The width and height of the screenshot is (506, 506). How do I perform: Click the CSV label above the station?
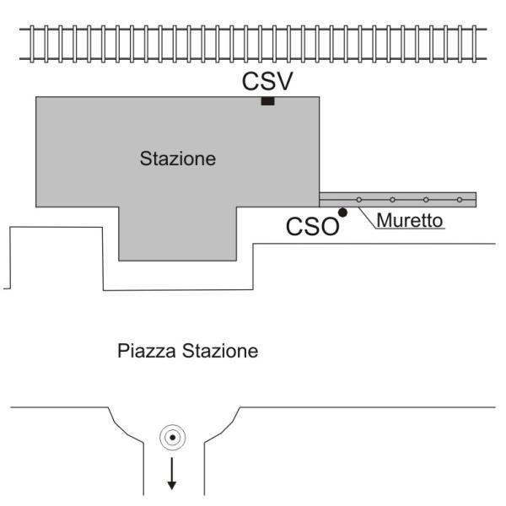(x=267, y=82)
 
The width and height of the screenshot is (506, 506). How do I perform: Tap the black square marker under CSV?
(x=267, y=101)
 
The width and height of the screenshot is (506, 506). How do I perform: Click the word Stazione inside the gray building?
(x=178, y=158)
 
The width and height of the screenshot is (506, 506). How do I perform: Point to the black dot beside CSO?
(x=342, y=212)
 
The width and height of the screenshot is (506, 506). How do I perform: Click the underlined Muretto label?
(x=409, y=222)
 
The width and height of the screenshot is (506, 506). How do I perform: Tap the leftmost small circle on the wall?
(x=358, y=200)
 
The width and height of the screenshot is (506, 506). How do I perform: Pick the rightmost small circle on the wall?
(x=459, y=200)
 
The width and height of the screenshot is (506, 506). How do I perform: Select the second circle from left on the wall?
(x=392, y=200)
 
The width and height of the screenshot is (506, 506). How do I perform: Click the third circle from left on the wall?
(x=426, y=200)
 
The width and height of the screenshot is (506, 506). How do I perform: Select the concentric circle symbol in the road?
(x=172, y=437)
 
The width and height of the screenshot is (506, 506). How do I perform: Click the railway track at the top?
(x=253, y=40)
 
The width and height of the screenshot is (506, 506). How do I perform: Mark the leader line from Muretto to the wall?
(x=365, y=214)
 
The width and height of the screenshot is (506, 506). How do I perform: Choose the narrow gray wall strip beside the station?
(x=413, y=199)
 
